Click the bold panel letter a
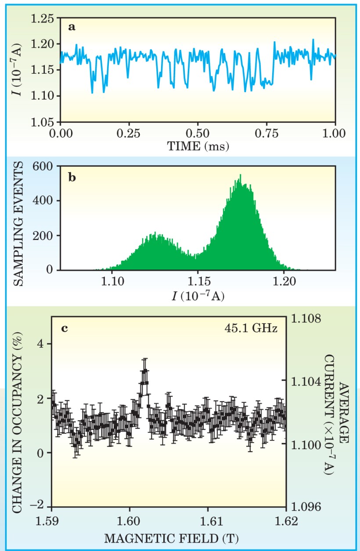pos(72,28)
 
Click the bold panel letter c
pos(64,328)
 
